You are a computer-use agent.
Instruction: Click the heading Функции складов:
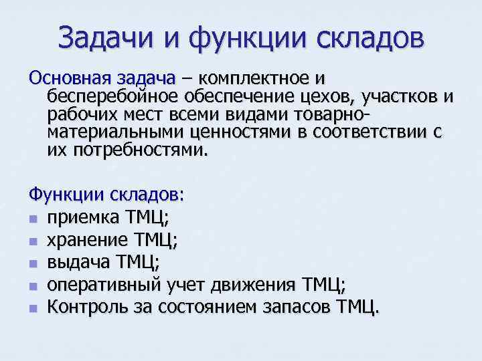point(106,195)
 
